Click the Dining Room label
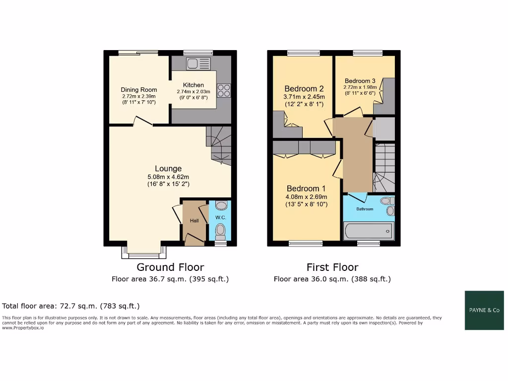pyautogui.click(x=139, y=90)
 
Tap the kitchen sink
pyautogui.click(x=198, y=63)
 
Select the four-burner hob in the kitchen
pyautogui.click(x=224, y=90)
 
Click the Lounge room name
pyautogui.click(x=168, y=169)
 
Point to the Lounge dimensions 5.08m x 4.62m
pyautogui.click(x=168, y=177)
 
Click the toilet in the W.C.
pyautogui.click(x=221, y=230)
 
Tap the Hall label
pyautogui.click(x=194, y=221)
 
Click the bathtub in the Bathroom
pyautogui.click(x=368, y=231)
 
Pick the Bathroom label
pyautogui.click(x=365, y=209)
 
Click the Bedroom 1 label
pyautogui.click(x=306, y=189)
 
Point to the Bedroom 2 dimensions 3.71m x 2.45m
pyautogui.click(x=304, y=97)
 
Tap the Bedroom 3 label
pyautogui.click(x=360, y=81)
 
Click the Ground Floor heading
pyautogui.click(x=170, y=267)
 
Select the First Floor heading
pyautogui.click(x=332, y=267)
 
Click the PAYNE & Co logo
pyautogui.click(x=484, y=310)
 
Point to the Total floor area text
pyautogui.click(x=71, y=306)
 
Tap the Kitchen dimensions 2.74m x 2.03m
pyautogui.click(x=193, y=92)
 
